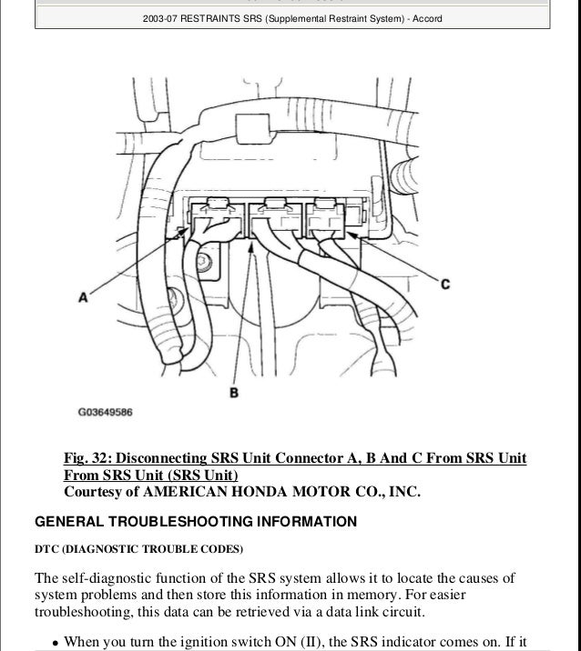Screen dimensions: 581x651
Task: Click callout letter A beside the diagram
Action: coord(83,295)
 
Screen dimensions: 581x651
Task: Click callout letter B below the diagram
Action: coord(233,392)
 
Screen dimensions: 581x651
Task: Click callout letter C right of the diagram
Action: coord(445,285)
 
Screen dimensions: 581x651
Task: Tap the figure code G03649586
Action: coord(105,412)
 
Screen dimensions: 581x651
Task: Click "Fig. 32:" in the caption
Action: coord(88,457)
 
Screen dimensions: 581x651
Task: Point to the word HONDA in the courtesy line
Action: coord(276,493)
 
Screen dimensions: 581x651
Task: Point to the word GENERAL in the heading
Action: coord(65,522)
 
